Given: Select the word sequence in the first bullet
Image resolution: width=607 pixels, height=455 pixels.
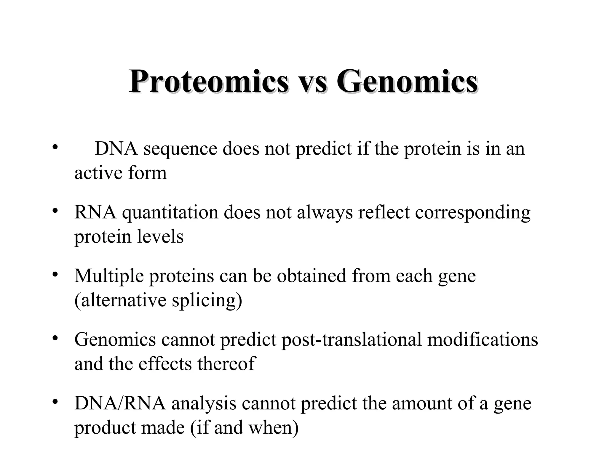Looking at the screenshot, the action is click(x=180, y=149).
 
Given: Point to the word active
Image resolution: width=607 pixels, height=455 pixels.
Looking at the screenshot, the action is click(x=98, y=173).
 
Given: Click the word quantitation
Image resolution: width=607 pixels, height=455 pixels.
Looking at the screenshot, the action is click(x=170, y=213).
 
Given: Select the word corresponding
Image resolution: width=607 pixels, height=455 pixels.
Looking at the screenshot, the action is click(x=472, y=213).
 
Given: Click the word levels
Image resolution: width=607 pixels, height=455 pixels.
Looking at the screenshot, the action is click(x=160, y=237).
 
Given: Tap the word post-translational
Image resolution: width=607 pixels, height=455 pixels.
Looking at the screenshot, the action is click(x=352, y=340).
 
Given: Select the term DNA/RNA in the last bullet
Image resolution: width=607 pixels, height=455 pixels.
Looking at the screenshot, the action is click(x=120, y=403).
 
